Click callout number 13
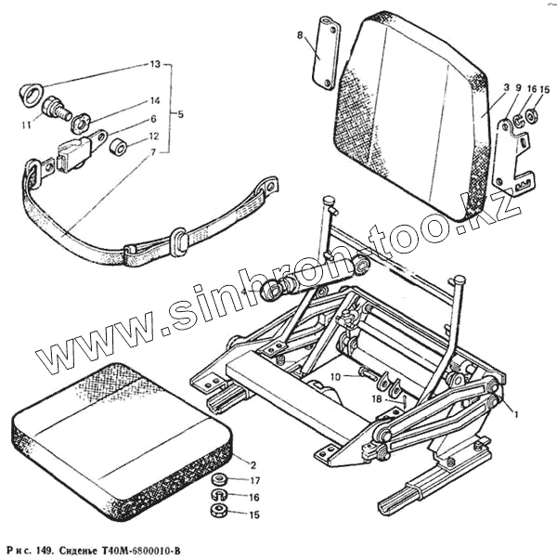pos(156,65)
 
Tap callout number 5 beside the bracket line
pos(180,114)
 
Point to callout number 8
pos(300,35)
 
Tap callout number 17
pos(257,481)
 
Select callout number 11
pos(29,124)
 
